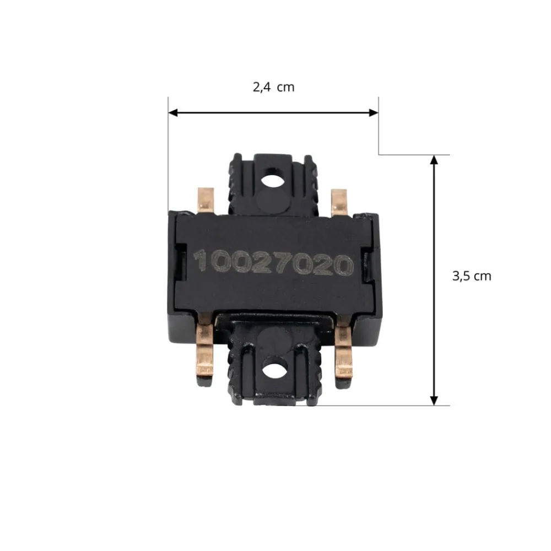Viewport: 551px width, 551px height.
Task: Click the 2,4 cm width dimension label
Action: point(273,87)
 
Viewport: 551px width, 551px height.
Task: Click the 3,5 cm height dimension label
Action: point(472,276)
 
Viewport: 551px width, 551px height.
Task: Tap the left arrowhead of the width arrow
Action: point(173,113)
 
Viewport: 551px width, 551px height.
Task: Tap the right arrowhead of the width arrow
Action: point(374,113)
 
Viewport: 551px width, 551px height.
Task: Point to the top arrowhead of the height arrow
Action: point(434,160)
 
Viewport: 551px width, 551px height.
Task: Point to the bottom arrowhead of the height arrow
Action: point(434,401)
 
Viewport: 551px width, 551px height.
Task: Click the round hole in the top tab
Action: point(272,181)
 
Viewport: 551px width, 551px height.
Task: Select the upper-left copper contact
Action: point(206,201)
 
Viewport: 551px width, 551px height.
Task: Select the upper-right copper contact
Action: point(339,202)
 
